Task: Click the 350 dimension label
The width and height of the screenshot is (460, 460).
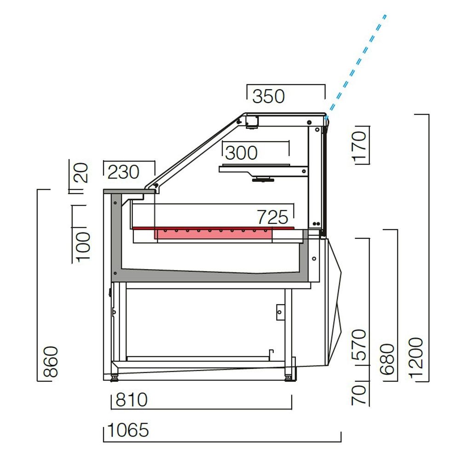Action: pyautogui.click(x=269, y=97)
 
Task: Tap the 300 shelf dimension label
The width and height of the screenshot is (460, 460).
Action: pyautogui.click(x=241, y=153)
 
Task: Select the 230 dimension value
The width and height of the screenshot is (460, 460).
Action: pyautogui.click(x=123, y=172)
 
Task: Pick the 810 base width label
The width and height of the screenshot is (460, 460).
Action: pyautogui.click(x=131, y=400)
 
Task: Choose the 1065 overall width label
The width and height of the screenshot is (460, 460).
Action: pyautogui.click(x=128, y=431)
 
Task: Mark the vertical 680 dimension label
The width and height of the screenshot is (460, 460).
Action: pyautogui.click(x=388, y=359)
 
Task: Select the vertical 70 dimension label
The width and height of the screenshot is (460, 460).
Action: pyautogui.click(x=360, y=395)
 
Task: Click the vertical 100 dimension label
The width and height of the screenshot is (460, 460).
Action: pyautogui.click(x=83, y=247)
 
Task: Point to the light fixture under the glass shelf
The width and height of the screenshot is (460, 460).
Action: pyautogui.click(x=264, y=179)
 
